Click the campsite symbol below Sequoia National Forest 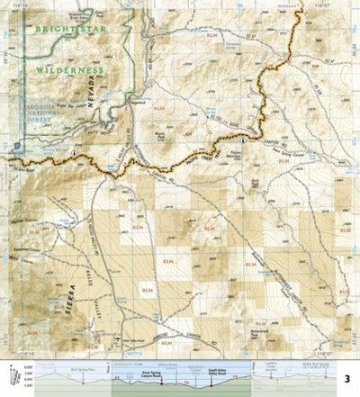[x=75, y=154]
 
